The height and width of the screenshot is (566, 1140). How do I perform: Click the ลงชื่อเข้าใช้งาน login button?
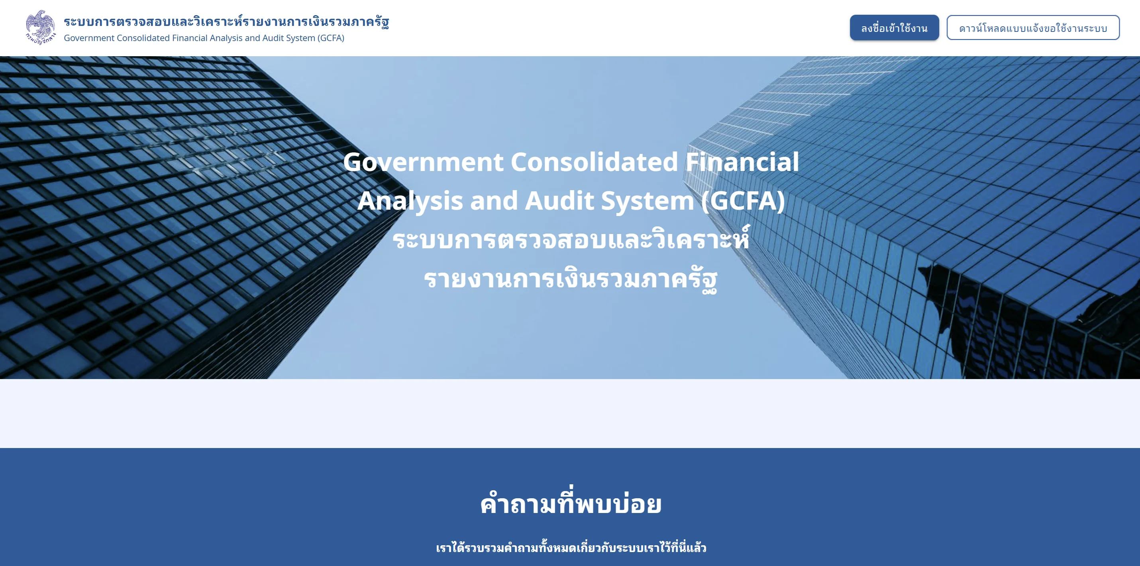pyautogui.click(x=894, y=28)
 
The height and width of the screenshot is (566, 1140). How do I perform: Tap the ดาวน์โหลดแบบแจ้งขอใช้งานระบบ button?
pyautogui.click(x=1033, y=28)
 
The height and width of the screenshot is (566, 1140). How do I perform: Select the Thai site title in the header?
pyautogui.click(x=226, y=21)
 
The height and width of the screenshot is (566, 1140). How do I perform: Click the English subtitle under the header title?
pyautogui.click(x=204, y=38)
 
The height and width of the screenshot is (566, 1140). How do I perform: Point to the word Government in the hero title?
pyautogui.click(x=423, y=162)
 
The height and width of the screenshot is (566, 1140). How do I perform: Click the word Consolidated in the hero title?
pyautogui.click(x=595, y=162)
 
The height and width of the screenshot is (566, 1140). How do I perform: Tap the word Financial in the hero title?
pyautogui.click(x=742, y=162)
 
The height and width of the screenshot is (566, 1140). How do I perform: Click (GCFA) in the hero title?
pyautogui.click(x=743, y=201)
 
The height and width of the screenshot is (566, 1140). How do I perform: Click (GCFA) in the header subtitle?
pyautogui.click(x=331, y=38)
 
